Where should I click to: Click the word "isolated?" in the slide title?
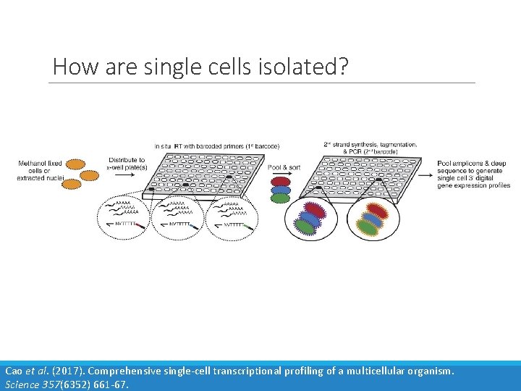pos(305,67)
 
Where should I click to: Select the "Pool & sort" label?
pos(284,167)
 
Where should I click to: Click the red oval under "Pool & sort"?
pos(280,180)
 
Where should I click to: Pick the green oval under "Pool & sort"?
pos(280,198)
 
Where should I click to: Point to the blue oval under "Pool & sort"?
pos(280,190)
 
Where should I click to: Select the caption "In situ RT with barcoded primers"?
pos(217,148)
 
